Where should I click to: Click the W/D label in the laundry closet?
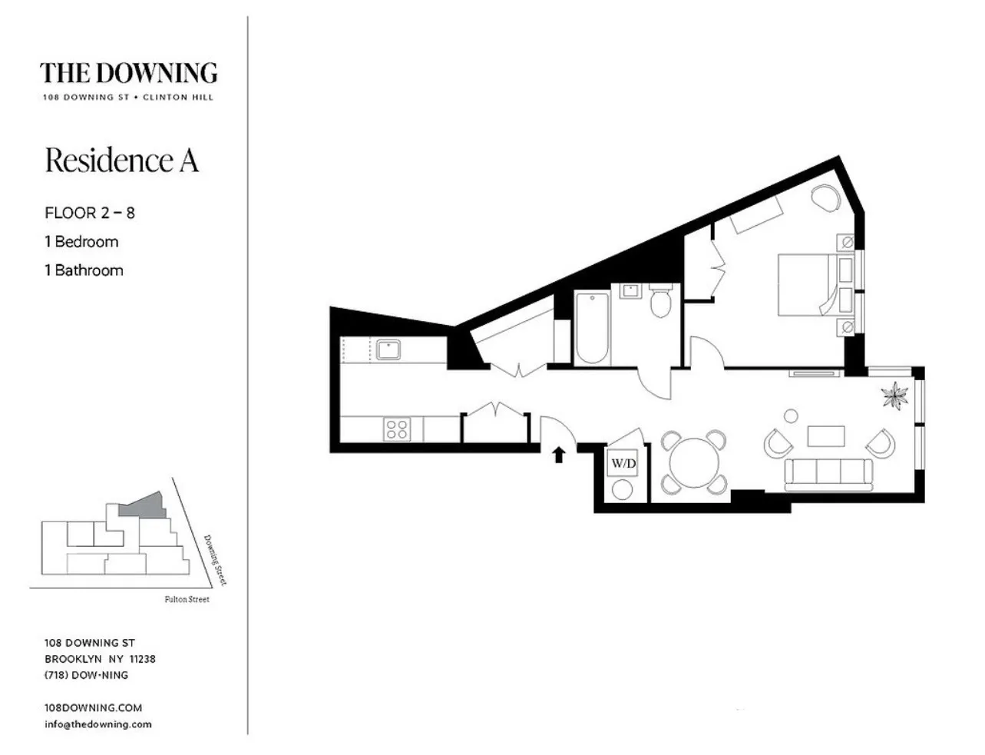623,464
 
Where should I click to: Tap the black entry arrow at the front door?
559,455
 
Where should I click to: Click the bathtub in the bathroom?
592,328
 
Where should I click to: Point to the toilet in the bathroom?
660,301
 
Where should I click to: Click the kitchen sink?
388,349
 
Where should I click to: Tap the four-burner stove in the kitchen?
396,429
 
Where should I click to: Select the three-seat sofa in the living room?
828,475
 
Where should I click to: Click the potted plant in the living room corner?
894,396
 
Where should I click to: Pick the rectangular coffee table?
825,436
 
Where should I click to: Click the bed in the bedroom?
808,285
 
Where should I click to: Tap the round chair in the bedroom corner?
827,198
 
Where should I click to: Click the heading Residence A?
122,161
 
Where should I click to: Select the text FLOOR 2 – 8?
90,213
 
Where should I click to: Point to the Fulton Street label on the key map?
187,599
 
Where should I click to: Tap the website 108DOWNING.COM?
93,707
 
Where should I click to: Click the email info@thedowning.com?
98,724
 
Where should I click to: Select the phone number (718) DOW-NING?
86,675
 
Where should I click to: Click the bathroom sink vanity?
631,291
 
